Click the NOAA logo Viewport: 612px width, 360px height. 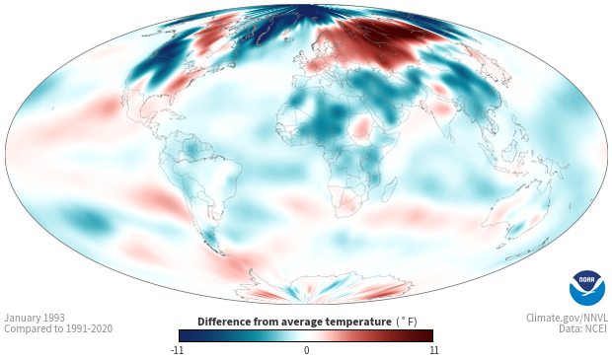[587, 288]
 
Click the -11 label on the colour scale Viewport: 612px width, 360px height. [177, 350]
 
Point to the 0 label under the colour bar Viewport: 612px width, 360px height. [306, 350]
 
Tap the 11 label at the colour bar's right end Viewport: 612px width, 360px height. [433, 350]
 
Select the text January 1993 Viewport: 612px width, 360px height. [35, 318]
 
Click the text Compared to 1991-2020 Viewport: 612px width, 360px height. [58, 328]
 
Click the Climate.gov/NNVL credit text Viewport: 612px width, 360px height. [567, 318]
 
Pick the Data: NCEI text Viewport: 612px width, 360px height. [583, 328]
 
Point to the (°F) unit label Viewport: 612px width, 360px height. [407, 323]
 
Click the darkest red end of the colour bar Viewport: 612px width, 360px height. [429, 335]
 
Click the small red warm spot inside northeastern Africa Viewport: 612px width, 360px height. [362, 127]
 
